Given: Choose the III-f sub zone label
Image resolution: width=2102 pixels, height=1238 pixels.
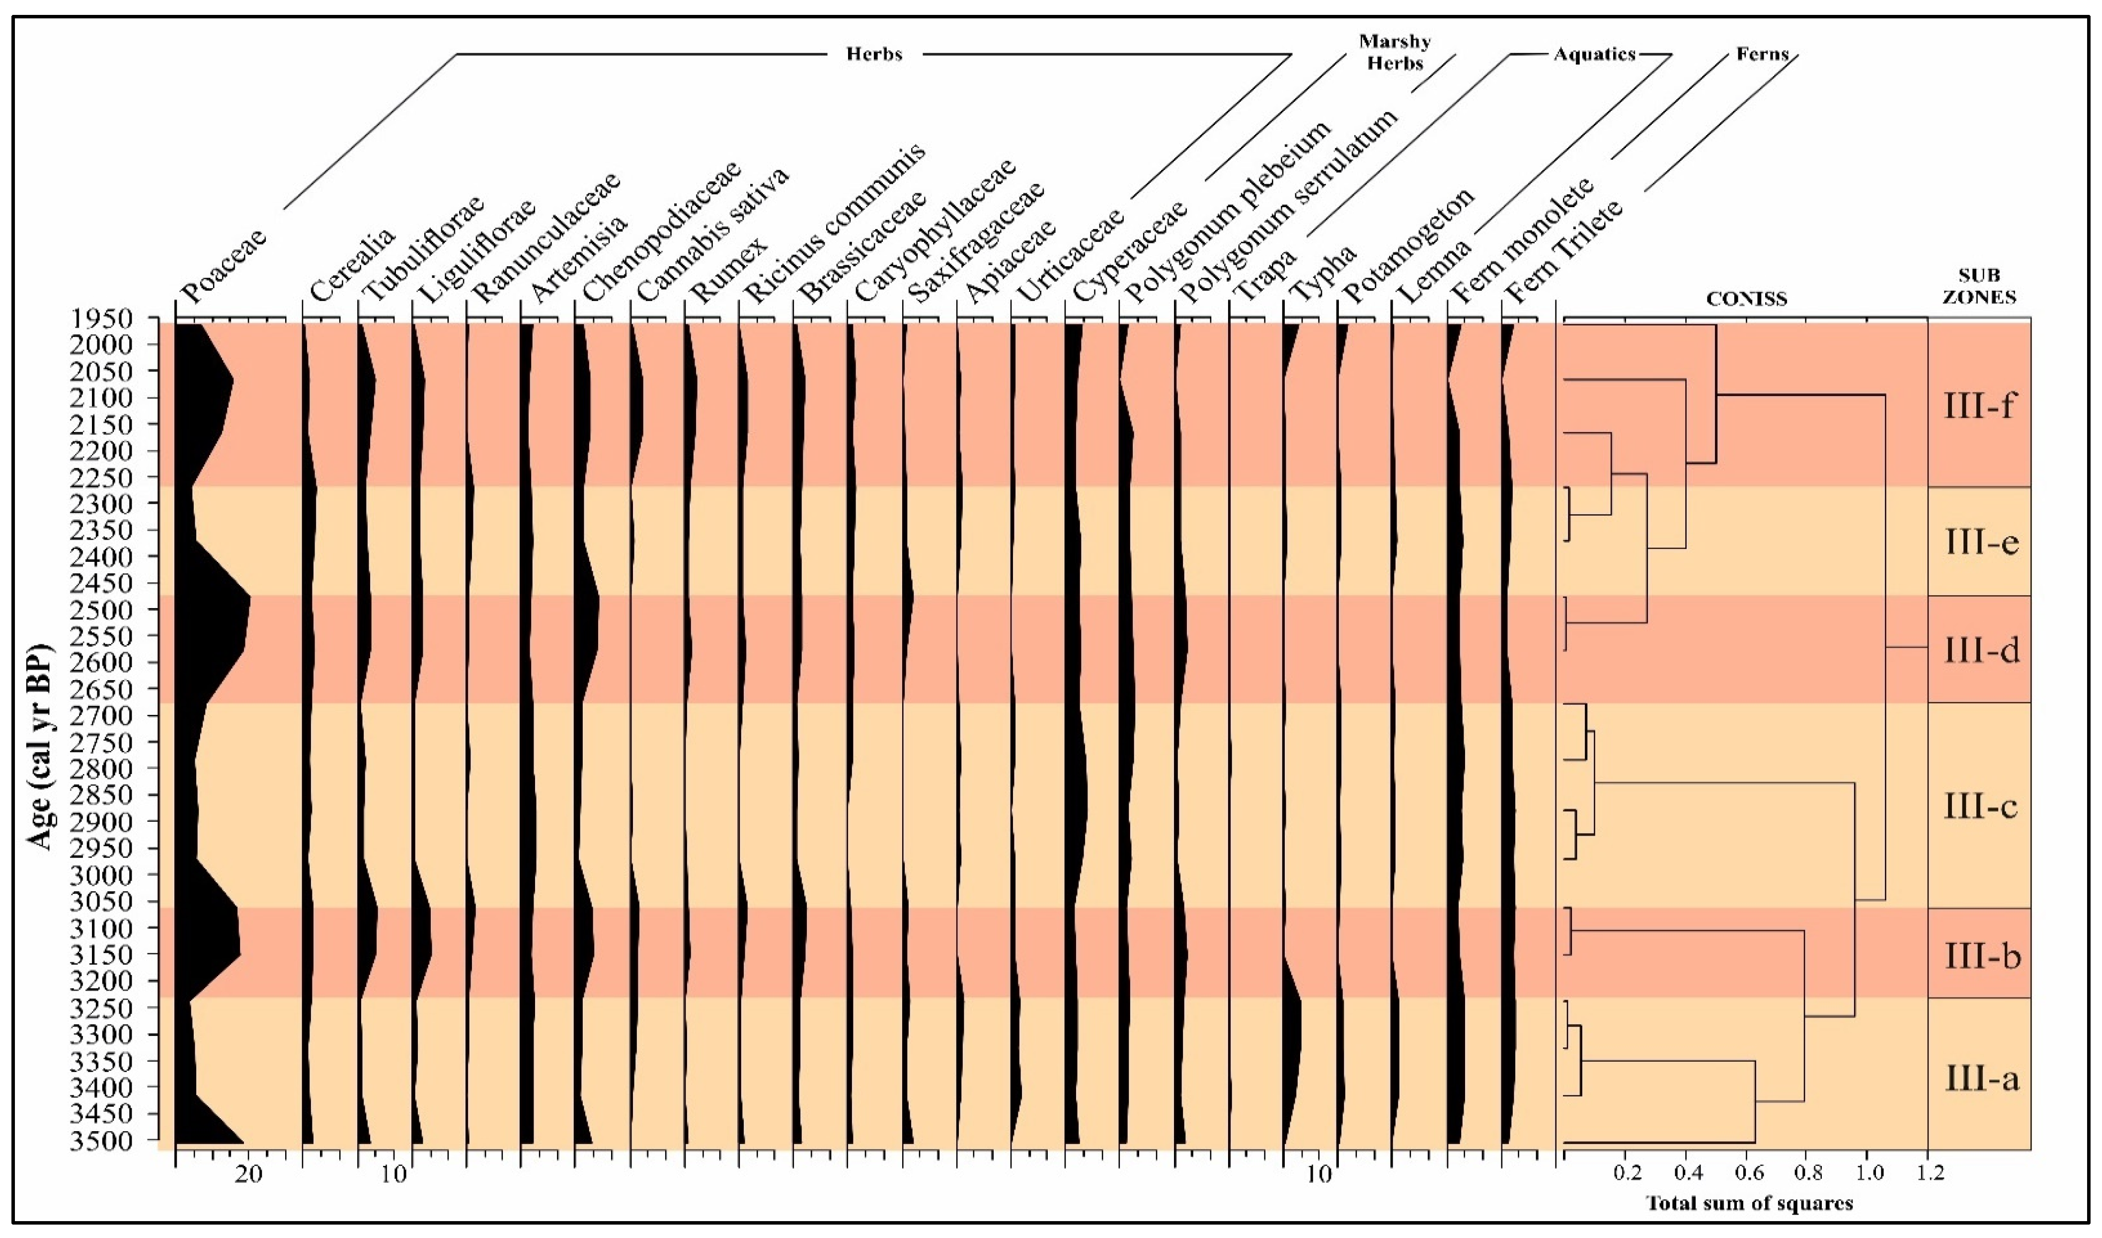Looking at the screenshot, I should coord(1979,406).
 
